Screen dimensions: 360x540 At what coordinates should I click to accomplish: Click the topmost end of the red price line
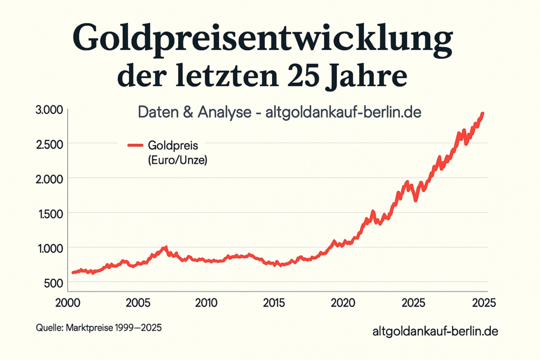pos(483,113)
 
